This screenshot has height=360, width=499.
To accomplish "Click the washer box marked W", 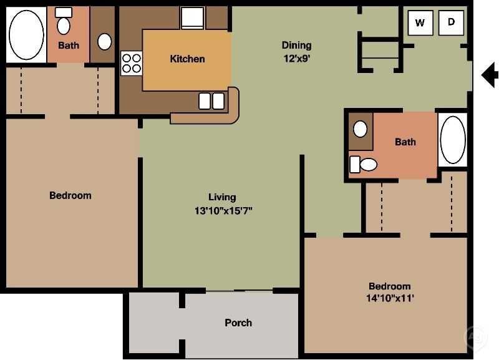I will coord(420,23).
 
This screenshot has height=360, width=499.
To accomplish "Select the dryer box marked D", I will coord(451,23).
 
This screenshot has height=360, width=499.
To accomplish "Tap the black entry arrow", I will coord(490,75).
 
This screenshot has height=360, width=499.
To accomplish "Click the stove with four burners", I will coord(131,63).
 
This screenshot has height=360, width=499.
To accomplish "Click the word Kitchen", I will coord(187,59).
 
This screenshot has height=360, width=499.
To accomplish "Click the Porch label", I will coord(238,323).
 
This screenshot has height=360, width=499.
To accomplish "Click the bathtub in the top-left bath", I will coord(26,34).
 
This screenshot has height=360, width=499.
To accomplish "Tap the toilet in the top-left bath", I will coord(64,24).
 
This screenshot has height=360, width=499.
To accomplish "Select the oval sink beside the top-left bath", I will coord(105,41).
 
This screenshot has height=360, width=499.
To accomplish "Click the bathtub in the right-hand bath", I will coord(453,139).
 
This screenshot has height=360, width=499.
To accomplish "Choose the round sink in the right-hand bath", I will coord(361,129).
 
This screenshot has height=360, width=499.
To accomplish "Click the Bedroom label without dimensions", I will coord(70,195).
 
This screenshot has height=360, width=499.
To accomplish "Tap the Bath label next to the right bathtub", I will coord(405,142).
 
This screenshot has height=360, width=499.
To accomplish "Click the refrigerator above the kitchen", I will coord(193,18).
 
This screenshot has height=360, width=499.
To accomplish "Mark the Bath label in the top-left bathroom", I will coord(69,45).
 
